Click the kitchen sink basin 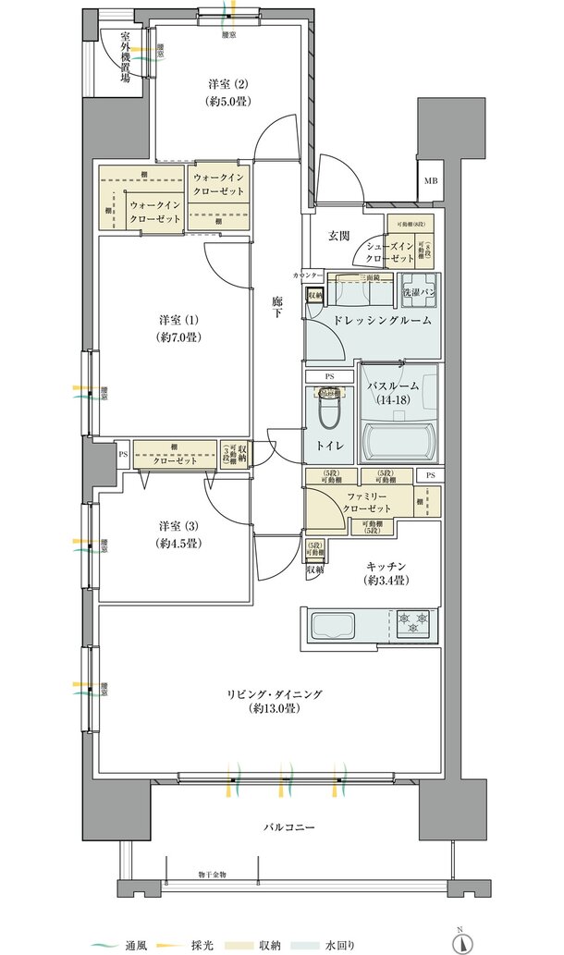coord(329,621)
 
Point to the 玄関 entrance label coord(338,236)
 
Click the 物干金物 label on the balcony coord(219,873)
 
